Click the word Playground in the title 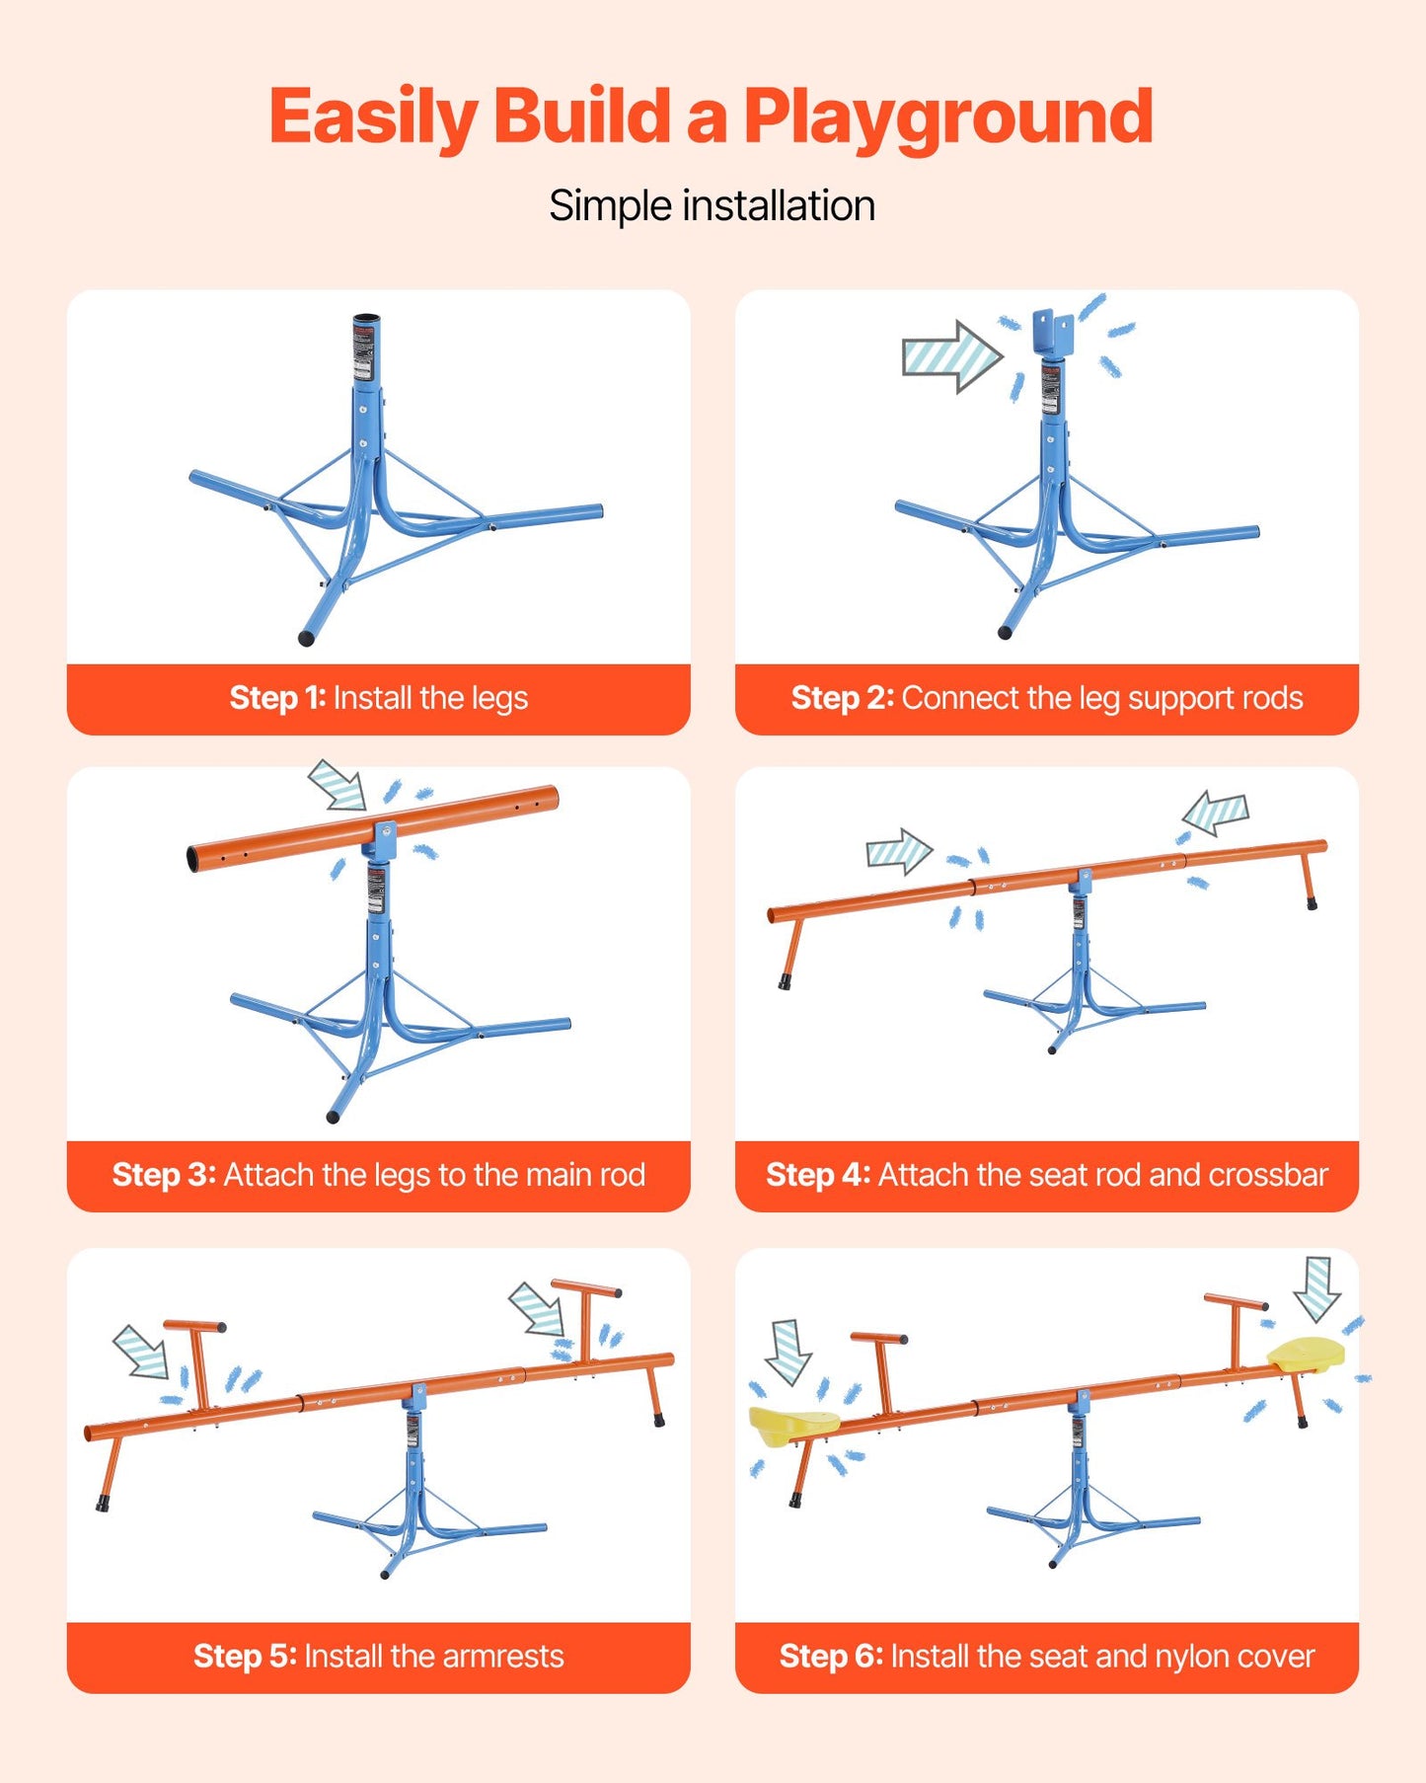(947, 118)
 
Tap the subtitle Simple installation (713, 206)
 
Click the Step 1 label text (378, 698)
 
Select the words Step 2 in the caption (842, 698)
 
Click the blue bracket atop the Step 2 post (1053, 333)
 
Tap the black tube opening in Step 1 (367, 318)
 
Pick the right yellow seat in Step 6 (1306, 1353)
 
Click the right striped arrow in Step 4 (1216, 813)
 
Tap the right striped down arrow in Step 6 (1317, 1289)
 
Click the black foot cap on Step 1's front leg (306, 639)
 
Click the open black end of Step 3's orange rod (192, 859)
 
